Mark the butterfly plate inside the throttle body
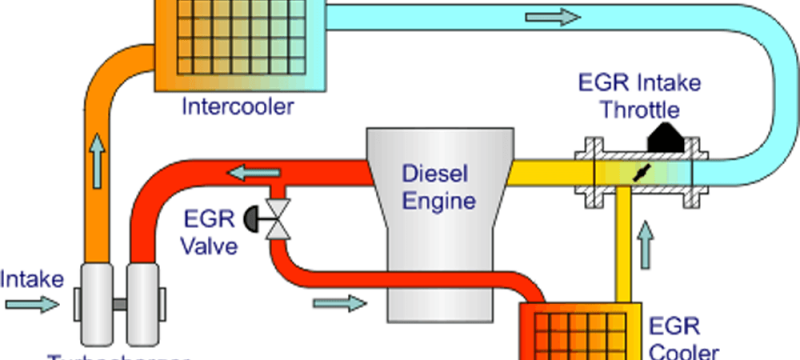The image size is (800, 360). coord(638,171)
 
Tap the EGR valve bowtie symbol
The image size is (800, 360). coord(283,217)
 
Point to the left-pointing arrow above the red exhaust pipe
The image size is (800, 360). coord(245,172)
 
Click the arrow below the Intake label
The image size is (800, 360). coord(31,303)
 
